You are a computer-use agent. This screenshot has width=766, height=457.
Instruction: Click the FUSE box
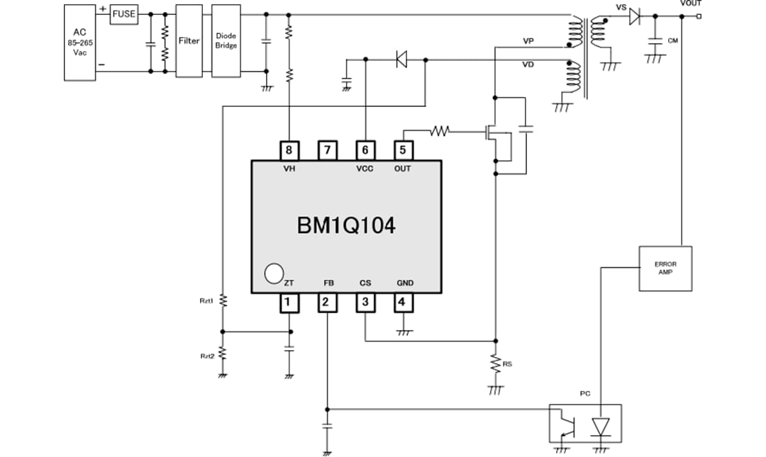coord(123,13)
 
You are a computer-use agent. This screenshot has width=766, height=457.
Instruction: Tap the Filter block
coord(189,41)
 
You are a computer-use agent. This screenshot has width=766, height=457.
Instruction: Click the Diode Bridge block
coord(226,41)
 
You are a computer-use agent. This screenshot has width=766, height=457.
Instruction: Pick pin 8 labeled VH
coord(288,150)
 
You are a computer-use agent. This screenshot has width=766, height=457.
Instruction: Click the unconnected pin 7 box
coord(326,150)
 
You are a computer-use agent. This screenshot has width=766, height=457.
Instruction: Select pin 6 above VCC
coord(365,150)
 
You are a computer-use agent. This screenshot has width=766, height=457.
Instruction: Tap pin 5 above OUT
coord(403,150)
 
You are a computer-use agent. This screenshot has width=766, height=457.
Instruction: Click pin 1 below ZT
coord(288,303)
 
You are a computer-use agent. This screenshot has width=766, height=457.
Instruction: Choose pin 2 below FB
coord(326,303)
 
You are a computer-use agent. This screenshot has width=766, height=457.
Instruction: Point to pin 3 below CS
coord(365,303)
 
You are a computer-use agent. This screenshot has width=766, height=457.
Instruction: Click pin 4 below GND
coord(403,303)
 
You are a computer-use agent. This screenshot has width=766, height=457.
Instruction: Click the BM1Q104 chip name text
coord(345,226)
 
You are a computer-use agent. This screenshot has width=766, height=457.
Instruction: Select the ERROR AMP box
coord(665,268)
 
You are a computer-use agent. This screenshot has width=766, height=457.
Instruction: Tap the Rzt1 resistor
coord(222,300)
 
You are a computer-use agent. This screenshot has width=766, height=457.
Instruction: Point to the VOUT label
coord(690,4)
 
